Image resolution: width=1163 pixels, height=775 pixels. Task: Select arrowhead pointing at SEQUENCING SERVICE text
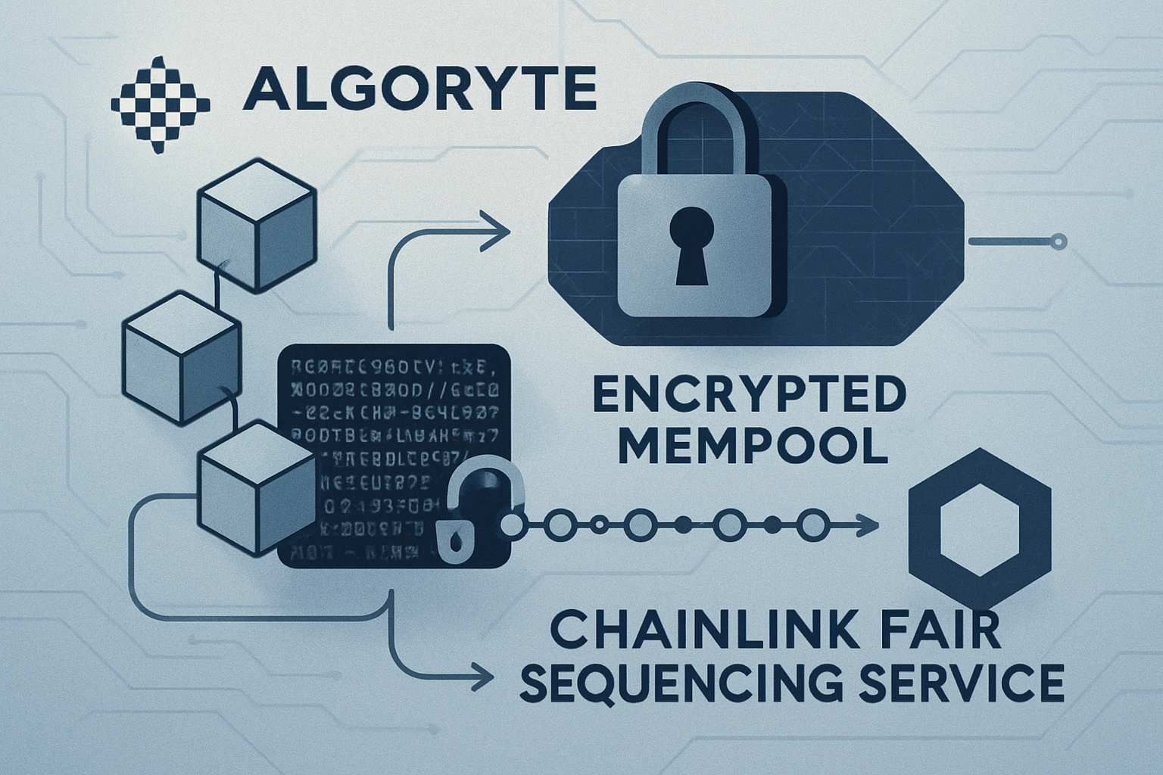coord(476,671)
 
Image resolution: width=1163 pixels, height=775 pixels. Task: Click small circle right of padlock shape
coord(1060,242)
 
